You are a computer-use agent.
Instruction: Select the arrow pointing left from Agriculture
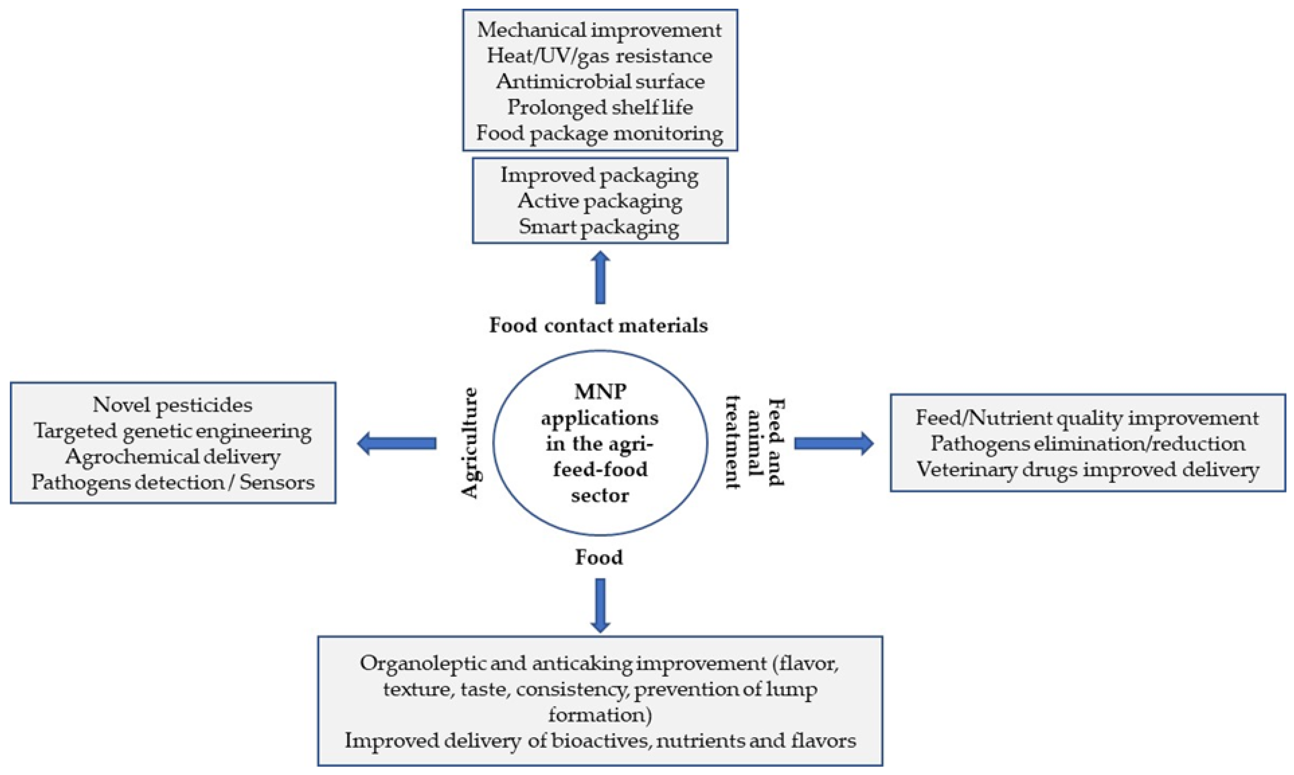[397, 443]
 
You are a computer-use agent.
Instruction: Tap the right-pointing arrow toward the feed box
[833, 443]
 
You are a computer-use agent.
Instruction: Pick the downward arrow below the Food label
[600, 605]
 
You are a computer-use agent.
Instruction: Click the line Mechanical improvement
[599, 30]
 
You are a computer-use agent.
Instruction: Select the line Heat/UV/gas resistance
[599, 55]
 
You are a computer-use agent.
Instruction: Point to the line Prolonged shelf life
[600, 107]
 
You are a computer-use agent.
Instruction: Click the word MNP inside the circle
[600, 391]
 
